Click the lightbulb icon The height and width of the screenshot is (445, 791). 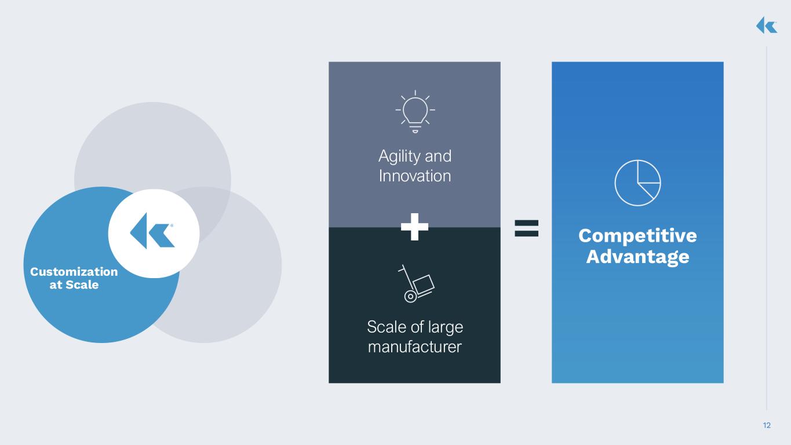pyautogui.click(x=415, y=111)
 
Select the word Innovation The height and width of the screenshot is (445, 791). pyautogui.click(x=415, y=176)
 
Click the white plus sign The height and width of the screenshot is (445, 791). pyautogui.click(x=414, y=227)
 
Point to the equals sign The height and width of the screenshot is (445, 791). pyautogui.click(x=527, y=228)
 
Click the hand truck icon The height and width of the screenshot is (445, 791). pyautogui.click(x=416, y=283)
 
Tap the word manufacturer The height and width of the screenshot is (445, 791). pyautogui.click(x=414, y=347)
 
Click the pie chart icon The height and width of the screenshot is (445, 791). pyautogui.click(x=638, y=183)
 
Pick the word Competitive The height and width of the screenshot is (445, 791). pyautogui.click(x=638, y=236)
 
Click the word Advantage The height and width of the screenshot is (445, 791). pyautogui.click(x=638, y=257)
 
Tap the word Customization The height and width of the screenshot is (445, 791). pyautogui.click(x=74, y=272)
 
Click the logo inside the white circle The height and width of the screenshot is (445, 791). pyautogui.click(x=152, y=231)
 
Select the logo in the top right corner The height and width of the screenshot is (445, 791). pyautogui.click(x=767, y=25)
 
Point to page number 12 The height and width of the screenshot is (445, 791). pyautogui.click(x=767, y=425)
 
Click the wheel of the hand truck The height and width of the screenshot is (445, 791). pyautogui.click(x=410, y=297)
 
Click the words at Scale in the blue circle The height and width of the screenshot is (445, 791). pyautogui.click(x=74, y=284)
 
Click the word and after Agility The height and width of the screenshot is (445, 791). pyautogui.click(x=438, y=156)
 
